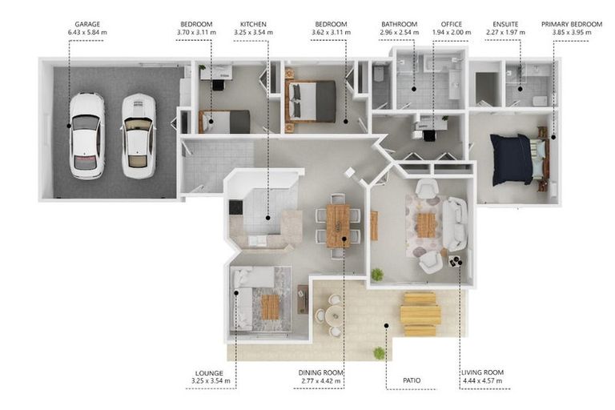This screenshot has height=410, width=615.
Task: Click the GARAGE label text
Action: (x=87, y=24)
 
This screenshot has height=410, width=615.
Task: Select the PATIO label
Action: (x=412, y=380)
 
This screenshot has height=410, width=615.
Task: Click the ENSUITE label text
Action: (x=505, y=24)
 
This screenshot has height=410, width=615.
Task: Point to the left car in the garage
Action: (x=86, y=135)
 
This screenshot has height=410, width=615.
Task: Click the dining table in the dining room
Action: (x=338, y=226)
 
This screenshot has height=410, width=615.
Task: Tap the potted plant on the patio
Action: (x=380, y=353)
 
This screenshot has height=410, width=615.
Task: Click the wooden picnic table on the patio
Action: (x=420, y=314)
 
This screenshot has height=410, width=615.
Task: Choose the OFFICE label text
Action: (x=452, y=24)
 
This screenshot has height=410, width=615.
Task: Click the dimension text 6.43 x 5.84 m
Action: (x=87, y=32)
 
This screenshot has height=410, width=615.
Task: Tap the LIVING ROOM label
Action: (x=482, y=372)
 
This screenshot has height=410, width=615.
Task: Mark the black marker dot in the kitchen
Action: (x=268, y=217)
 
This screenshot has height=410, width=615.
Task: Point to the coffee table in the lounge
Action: (x=270, y=307)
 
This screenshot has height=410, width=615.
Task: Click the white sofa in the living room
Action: (x=456, y=224)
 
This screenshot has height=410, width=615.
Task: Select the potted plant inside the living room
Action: (x=377, y=274)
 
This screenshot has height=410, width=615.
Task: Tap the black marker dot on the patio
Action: (x=386, y=326)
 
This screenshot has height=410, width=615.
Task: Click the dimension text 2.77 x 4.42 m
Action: (x=321, y=381)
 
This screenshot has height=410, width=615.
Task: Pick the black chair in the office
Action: (x=429, y=135)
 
